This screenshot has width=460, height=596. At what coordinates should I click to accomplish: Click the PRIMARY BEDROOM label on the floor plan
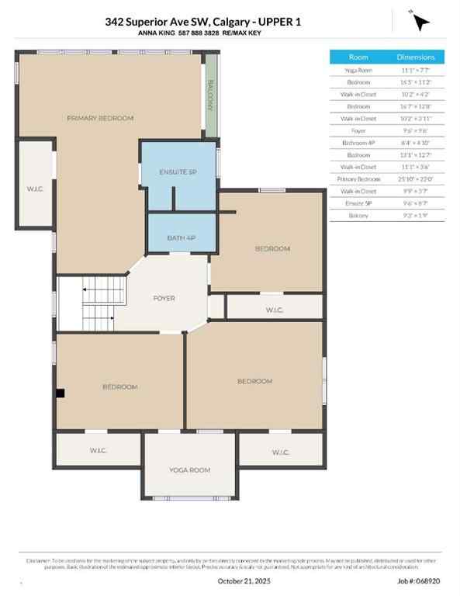click(100, 118)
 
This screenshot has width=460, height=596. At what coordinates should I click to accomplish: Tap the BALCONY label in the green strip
click(209, 95)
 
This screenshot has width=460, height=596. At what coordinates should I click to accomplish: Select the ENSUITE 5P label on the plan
click(178, 172)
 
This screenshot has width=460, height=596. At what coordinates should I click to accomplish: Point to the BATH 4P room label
click(182, 238)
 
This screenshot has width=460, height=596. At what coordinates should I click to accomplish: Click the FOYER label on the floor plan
click(164, 298)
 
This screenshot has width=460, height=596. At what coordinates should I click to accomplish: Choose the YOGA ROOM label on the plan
click(190, 470)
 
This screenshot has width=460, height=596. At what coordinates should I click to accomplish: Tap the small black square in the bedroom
click(61, 393)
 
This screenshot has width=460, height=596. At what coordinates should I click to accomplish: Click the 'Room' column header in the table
click(358, 57)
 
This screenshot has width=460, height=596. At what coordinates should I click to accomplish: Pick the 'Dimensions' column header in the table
click(417, 57)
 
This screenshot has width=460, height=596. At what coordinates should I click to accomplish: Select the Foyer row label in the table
click(358, 130)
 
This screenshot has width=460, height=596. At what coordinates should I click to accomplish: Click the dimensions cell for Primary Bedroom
click(417, 178)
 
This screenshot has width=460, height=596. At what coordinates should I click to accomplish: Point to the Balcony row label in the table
click(358, 215)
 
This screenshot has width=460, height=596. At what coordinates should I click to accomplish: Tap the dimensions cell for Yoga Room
click(417, 70)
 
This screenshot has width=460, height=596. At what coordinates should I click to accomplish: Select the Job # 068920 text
click(418, 580)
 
